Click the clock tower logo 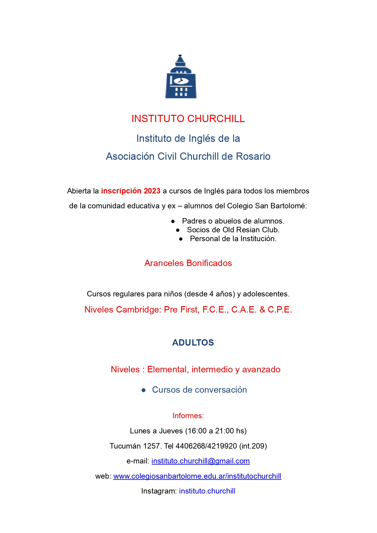tap(181, 77)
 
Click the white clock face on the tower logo tap(181, 81)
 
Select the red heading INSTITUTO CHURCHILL tap(188, 119)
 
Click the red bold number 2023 tap(152, 191)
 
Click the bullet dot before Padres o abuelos tap(173, 221)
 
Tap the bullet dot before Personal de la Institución tap(181, 239)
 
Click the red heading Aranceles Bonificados tap(188, 263)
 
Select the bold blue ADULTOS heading tap(193, 343)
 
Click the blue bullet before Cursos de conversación tap(144, 390)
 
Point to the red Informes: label tap(188, 415)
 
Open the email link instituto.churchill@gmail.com tap(200, 461)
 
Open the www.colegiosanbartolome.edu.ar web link tap(197, 476)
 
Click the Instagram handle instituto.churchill tap(207, 491)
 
